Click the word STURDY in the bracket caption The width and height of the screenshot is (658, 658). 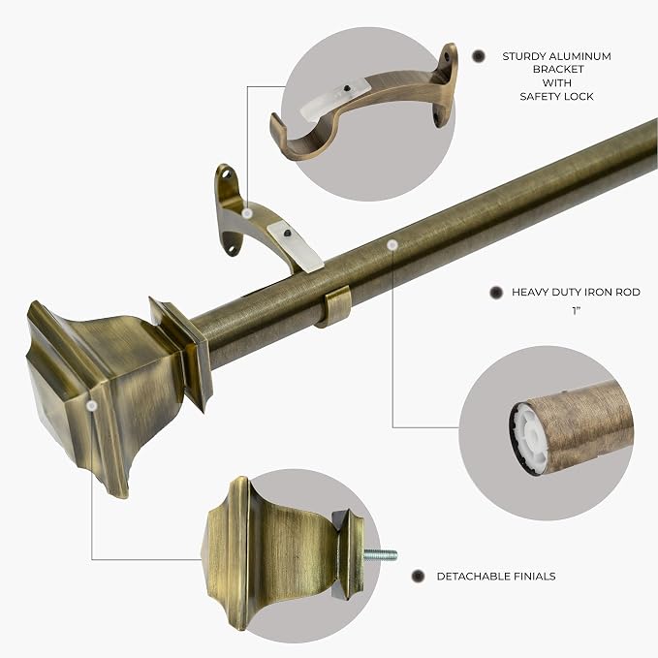tap(523, 56)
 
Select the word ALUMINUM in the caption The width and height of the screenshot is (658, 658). tap(580, 56)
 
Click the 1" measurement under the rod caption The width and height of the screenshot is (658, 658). tap(577, 311)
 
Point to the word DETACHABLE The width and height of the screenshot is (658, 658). tap(473, 577)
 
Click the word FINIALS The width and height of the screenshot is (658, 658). tap(534, 577)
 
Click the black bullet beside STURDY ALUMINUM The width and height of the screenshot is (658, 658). tap(479, 56)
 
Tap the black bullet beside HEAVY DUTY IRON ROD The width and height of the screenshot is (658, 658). tap(496, 293)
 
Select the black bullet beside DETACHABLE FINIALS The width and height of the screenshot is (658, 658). tap(418, 577)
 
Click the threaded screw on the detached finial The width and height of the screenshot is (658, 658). tap(380, 555)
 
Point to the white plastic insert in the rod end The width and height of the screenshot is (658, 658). tap(528, 439)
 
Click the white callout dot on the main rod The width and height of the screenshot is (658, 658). tap(392, 244)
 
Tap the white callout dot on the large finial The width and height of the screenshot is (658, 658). tap(92, 405)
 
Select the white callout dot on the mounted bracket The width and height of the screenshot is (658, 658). tap(247, 213)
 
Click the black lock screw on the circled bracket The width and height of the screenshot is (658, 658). tap(347, 88)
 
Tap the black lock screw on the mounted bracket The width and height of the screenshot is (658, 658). tap(287, 234)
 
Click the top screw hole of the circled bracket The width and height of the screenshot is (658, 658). tap(447, 55)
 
